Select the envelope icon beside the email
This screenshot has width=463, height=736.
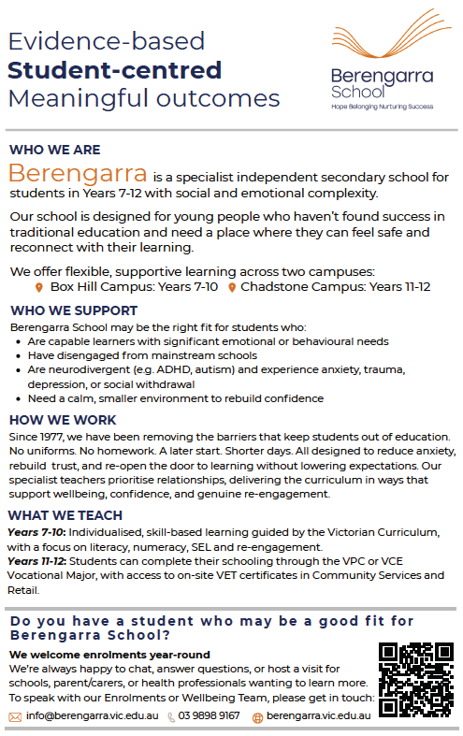(15, 717)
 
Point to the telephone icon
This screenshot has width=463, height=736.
(171, 717)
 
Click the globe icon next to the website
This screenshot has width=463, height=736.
(257, 717)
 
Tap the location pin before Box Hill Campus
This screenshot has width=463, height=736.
(39, 287)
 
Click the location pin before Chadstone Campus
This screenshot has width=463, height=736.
(232, 287)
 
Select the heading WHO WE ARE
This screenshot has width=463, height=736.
(54, 150)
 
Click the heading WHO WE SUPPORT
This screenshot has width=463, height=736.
(73, 310)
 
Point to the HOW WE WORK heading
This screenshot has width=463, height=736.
(63, 420)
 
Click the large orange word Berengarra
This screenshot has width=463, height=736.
(78, 174)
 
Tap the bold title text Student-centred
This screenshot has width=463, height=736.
(114, 70)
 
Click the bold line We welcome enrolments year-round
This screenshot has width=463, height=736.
(109, 655)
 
